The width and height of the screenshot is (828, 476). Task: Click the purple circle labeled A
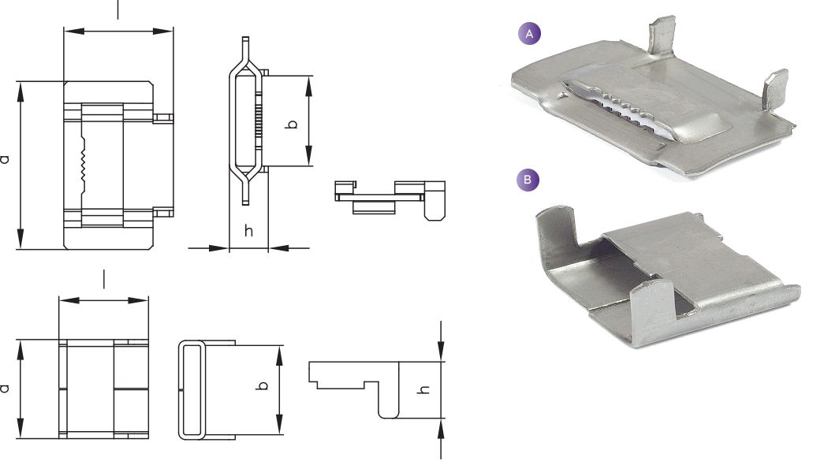530,35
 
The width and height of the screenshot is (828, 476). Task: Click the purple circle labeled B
528,180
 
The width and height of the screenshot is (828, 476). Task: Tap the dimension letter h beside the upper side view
248,230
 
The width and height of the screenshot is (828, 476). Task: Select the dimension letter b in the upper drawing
291,125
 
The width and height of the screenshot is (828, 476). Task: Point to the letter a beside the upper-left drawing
5,159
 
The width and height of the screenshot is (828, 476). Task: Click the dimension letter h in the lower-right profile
423,390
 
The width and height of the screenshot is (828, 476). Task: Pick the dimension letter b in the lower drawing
261,385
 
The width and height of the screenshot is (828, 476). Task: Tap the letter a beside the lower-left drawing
5,389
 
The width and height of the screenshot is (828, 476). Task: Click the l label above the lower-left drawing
104,279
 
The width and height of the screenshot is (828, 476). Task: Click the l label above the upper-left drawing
117,9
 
